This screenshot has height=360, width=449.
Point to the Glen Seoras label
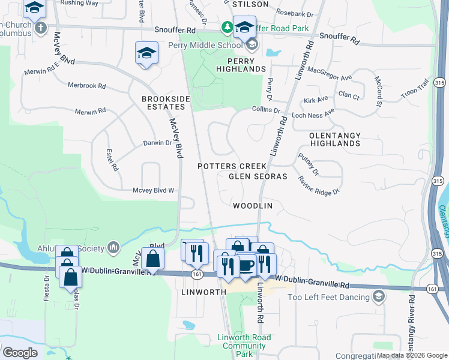coord(258,176)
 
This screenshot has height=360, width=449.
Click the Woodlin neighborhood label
coord(253,206)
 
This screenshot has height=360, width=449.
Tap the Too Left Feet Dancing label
coord(328,297)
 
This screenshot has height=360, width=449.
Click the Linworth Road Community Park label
coord(244,346)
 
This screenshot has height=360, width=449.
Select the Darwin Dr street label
coord(157,143)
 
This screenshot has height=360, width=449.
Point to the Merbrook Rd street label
coord(86,85)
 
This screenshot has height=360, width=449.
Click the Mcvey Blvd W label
coord(153,191)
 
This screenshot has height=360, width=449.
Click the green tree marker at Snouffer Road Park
coord(227,26)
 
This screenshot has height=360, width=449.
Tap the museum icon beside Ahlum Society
coord(113,247)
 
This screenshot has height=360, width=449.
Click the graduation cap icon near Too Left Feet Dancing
coord(378,296)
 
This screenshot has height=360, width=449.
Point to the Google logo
coord(20,353)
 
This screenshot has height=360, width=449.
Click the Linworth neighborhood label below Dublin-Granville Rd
coord(203,292)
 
